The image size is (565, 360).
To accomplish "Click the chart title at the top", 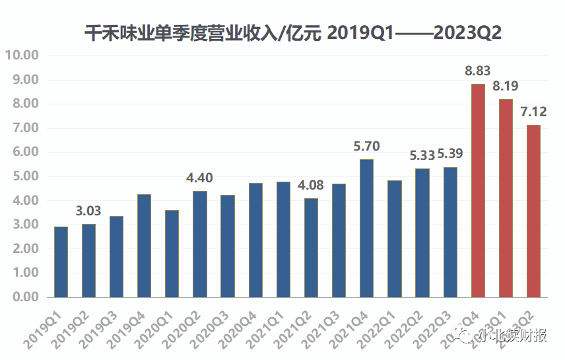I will pos(293,34).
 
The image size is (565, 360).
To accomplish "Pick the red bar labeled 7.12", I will pos(533,211).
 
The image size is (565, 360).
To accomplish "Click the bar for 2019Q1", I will pos(61,262).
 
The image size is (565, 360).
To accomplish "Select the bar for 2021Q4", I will pos(366,228).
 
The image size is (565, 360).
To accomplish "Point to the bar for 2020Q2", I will pos(199,244).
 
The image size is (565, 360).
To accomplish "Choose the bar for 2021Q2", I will pos(311,248).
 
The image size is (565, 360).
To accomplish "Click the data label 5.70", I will pos(366,147).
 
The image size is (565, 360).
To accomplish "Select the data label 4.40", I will pos(199,178).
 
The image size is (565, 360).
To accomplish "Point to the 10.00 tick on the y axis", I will pos(22,55).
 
